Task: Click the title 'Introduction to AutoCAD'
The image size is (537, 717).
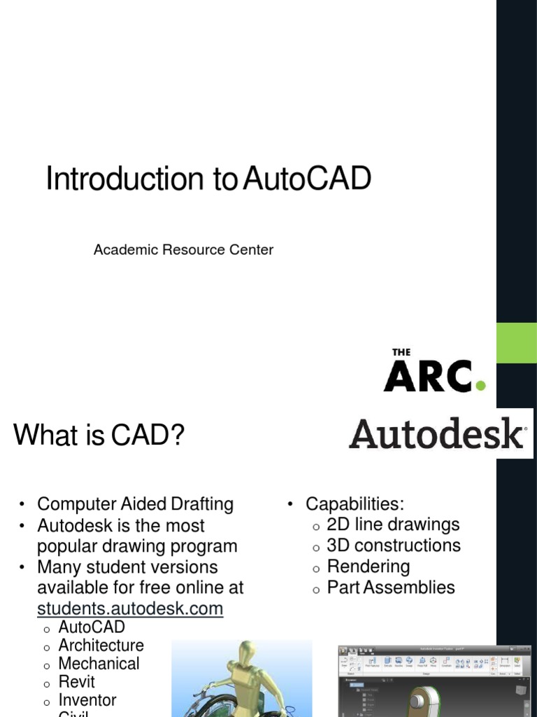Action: [x=208, y=179]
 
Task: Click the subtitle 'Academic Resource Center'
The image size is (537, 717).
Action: [x=183, y=250]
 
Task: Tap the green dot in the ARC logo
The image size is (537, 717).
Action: [x=480, y=384]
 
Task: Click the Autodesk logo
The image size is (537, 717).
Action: [x=438, y=434]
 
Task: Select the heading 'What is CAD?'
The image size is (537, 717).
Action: [x=99, y=436]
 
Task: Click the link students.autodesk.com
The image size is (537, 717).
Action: [x=130, y=608]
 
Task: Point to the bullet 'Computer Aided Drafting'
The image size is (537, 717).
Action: [x=135, y=504]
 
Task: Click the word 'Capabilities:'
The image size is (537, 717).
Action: [x=355, y=504]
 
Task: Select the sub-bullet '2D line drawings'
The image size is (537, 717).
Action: [x=393, y=524]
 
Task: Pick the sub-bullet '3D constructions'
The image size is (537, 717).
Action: [x=394, y=545]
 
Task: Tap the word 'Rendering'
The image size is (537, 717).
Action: [x=368, y=566]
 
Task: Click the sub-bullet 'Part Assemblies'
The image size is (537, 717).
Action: [x=390, y=587]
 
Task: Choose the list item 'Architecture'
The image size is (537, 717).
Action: [x=101, y=645]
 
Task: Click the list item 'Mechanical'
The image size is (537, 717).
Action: [x=99, y=663]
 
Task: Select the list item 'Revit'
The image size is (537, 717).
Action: [x=76, y=681]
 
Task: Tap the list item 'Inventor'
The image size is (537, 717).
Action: [x=87, y=699]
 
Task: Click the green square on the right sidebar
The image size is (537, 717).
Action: [x=516, y=343]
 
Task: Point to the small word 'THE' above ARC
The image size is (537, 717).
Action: [x=401, y=353]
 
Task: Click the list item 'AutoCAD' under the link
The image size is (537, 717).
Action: [x=92, y=627]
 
